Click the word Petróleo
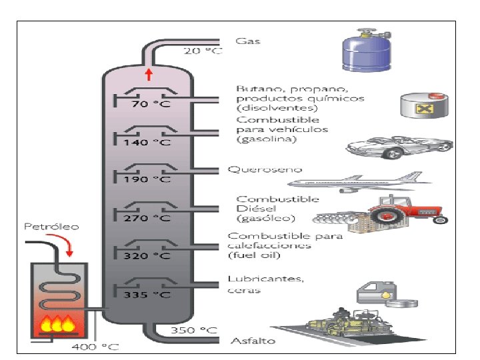[51, 227]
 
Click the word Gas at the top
[248, 41]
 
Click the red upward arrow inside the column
[149, 74]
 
